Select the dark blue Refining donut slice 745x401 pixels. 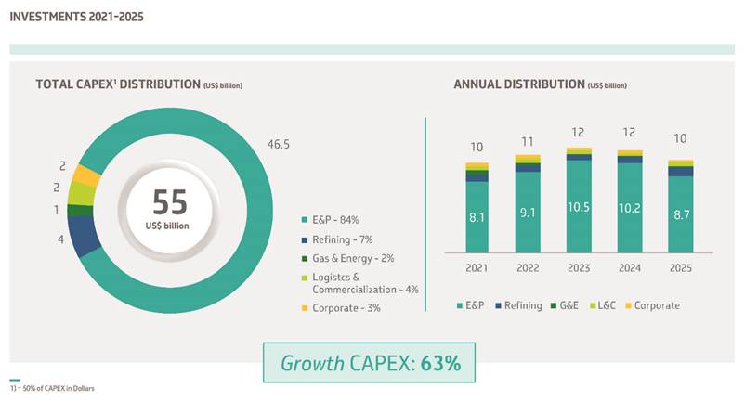(x=85, y=236)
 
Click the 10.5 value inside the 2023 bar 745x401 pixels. (x=579, y=208)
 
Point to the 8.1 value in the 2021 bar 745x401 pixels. (x=477, y=218)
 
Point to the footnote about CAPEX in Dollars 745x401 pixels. (x=54, y=388)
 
